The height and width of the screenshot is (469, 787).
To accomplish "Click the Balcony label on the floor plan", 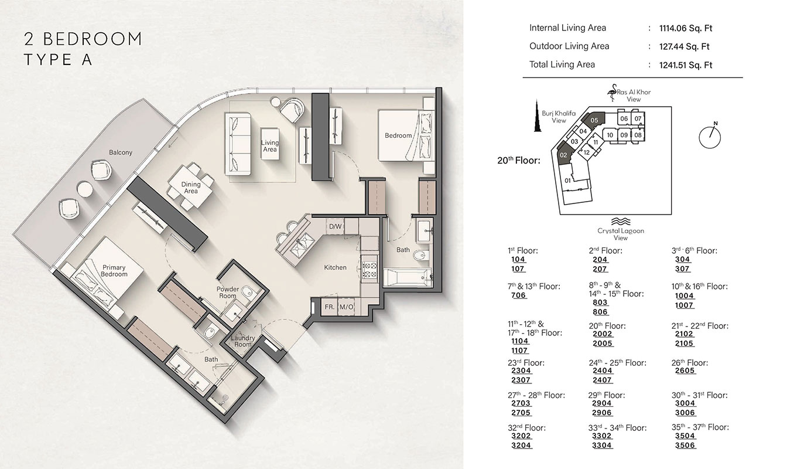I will pos(121,152).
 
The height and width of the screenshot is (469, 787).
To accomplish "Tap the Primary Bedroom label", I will pos(114,271).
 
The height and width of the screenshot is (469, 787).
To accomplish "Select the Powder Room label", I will pos(228,293).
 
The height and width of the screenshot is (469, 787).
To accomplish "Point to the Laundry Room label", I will pos(242,341).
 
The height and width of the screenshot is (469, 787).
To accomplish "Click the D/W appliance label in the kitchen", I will pos(335,226).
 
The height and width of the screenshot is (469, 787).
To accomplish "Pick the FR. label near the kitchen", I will pos(330,307).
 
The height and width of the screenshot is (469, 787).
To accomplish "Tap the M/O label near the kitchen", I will pos(347,307).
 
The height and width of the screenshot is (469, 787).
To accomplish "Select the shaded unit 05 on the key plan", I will pos(594,120).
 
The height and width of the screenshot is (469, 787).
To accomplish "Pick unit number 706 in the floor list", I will pos(518,295).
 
